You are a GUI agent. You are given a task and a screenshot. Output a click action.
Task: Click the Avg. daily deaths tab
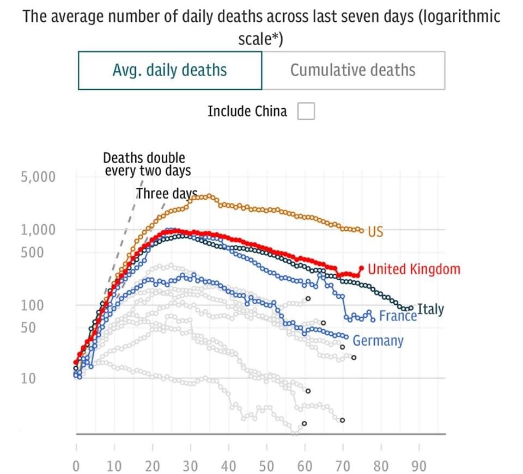[169, 70]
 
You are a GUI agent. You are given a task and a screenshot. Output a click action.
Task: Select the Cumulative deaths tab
[352, 70]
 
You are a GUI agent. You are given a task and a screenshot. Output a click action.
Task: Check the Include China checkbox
[306, 112]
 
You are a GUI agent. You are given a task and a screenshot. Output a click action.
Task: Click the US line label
[375, 232]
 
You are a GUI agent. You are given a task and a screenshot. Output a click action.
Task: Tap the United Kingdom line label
[413, 269]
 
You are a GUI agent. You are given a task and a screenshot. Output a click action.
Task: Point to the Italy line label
[430, 310]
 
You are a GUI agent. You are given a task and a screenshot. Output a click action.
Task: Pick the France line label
[398, 316]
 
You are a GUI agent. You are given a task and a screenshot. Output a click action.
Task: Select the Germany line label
[378, 341]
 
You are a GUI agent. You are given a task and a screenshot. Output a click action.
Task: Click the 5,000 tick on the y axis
[38, 177]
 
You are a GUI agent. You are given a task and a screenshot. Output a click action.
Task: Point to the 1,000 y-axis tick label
[38, 230]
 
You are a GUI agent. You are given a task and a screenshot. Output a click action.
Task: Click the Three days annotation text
[166, 194]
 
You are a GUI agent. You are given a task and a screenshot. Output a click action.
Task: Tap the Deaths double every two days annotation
[147, 164]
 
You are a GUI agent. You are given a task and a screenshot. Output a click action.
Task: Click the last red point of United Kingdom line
[361, 268]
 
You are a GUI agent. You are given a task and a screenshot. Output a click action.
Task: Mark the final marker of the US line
[361, 230]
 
